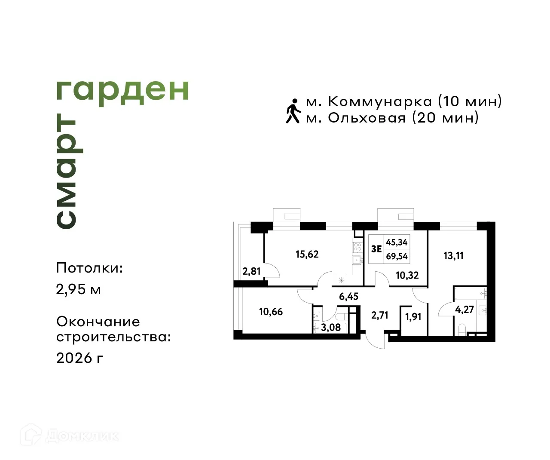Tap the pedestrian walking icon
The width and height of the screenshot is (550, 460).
pyautogui.click(x=293, y=110)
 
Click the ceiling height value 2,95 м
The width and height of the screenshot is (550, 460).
pyautogui.click(x=79, y=289)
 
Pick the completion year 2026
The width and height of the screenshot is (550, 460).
pyautogui.click(x=74, y=357)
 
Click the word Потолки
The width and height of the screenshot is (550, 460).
pyautogui.click(x=89, y=268)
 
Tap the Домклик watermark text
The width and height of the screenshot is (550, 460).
pyautogui.click(x=82, y=436)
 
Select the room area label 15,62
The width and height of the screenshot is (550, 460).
pyautogui.click(x=307, y=254)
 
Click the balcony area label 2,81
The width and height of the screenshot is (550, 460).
pyautogui.click(x=251, y=271)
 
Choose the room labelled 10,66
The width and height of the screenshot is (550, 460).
pyautogui.click(x=271, y=312)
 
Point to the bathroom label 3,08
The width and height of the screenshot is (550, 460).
pyautogui.click(x=331, y=327)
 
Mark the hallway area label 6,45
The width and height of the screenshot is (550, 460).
pyautogui.click(x=348, y=297)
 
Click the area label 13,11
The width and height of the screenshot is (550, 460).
pyautogui.click(x=453, y=256)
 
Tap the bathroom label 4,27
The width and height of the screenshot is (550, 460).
pyautogui.click(x=464, y=310)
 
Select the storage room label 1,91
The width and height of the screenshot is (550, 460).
pyautogui.click(x=413, y=317)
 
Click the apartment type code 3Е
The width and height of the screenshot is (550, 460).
pyautogui.click(x=376, y=248)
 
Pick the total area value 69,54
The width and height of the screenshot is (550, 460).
pyautogui.click(x=397, y=257)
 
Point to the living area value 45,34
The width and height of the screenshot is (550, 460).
pyautogui.click(x=397, y=242)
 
